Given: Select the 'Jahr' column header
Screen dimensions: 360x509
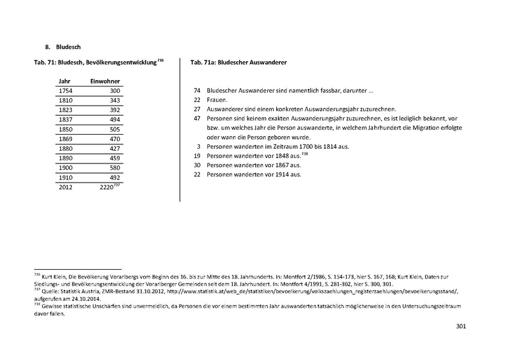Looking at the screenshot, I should pyautogui.click(x=64, y=82).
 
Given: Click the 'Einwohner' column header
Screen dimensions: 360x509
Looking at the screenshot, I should pyautogui.click(x=106, y=82).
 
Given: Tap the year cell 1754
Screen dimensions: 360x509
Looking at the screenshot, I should pyautogui.click(x=64, y=92).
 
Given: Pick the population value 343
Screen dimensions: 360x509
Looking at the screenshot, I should pyautogui.click(x=114, y=101).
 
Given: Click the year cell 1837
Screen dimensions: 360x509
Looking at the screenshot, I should pyautogui.click(x=64, y=120).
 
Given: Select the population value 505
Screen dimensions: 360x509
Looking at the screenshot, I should pyautogui.click(x=114, y=130).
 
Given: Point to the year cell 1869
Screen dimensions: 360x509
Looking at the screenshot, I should pyautogui.click(x=64, y=140).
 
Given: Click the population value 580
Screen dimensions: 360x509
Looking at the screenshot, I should pyautogui.click(x=114, y=169).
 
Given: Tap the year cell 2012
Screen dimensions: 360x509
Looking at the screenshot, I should pyautogui.click(x=64, y=188).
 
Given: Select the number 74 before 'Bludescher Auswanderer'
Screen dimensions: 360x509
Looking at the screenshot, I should pyautogui.click(x=197, y=91).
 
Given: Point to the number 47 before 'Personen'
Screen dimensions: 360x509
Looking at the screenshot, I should pyautogui.click(x=197, y=119).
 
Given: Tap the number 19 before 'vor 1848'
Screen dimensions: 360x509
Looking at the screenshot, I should pyautogui.click(x=197, y=156).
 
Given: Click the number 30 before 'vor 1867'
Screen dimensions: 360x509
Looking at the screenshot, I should pyautogui.click(x=197, y=165).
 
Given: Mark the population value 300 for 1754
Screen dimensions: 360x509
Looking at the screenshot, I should pyautogui.click(x=114, y=92).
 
